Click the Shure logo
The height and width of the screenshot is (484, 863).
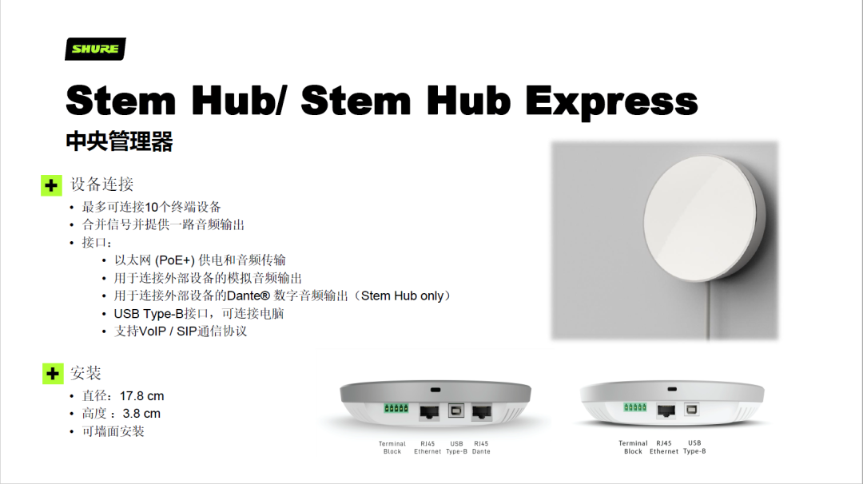click(95, 49)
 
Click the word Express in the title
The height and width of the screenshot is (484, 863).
click(611, 101)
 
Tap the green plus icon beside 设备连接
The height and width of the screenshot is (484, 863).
click(51, 185)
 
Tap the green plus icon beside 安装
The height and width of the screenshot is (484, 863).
click(53, 374)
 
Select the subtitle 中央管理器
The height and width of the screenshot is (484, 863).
click(119, 141)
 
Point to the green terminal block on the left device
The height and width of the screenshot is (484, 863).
click(396, 408)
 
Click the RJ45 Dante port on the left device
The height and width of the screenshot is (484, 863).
click(482, 412)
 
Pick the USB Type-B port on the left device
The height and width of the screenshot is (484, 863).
click(456, 411)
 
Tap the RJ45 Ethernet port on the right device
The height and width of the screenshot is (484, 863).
click(666, 411)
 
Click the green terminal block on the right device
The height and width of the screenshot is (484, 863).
click(635, 407)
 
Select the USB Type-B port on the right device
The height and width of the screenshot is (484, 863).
click(692, 409)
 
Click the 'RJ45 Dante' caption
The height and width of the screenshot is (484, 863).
click(481, 448)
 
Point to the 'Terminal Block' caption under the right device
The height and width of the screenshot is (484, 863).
click(633, 447)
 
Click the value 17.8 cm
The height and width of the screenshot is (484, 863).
click(142, 396)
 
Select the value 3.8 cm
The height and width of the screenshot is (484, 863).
click(141, 414)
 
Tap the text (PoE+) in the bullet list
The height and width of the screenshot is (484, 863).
click(175, 260)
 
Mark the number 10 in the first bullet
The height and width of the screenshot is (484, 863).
click(152, 208)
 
